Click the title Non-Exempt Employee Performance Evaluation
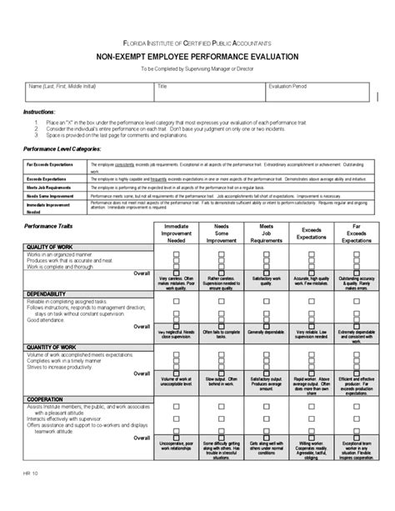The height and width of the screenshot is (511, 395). [x=197, y=56]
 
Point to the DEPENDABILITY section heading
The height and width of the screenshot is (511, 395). [x=49, y=294]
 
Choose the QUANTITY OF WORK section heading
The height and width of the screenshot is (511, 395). [x=53, y=347]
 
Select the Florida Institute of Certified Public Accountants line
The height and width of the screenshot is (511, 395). [x=197, y=42]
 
